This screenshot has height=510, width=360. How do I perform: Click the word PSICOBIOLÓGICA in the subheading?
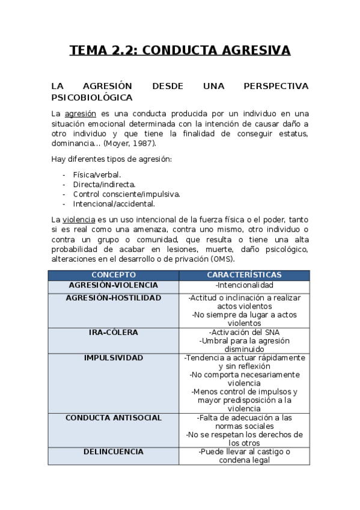tap(92, 97)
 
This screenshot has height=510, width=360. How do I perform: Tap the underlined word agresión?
tap(81, 113)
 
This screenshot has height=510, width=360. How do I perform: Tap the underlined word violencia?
tap(79, 220)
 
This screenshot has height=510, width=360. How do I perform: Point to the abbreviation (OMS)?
tap(222, 259)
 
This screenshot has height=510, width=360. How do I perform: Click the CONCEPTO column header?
tap(113, 275)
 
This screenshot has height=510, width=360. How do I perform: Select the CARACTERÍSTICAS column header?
tap(244, 275)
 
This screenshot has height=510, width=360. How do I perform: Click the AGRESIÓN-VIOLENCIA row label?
tap(113, 285)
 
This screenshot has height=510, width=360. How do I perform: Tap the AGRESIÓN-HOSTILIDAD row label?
tap(113, 298)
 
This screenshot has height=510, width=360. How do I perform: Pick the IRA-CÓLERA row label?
tap(113, 332)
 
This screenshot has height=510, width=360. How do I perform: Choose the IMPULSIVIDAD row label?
tap(113, 357)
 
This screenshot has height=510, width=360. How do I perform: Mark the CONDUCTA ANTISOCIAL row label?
tap(113, 417)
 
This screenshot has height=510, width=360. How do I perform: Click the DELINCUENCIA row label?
tap(113, 451)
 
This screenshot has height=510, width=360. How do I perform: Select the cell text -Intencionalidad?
tap(244, 285)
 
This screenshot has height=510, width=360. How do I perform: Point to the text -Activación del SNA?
tap(244, 332)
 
